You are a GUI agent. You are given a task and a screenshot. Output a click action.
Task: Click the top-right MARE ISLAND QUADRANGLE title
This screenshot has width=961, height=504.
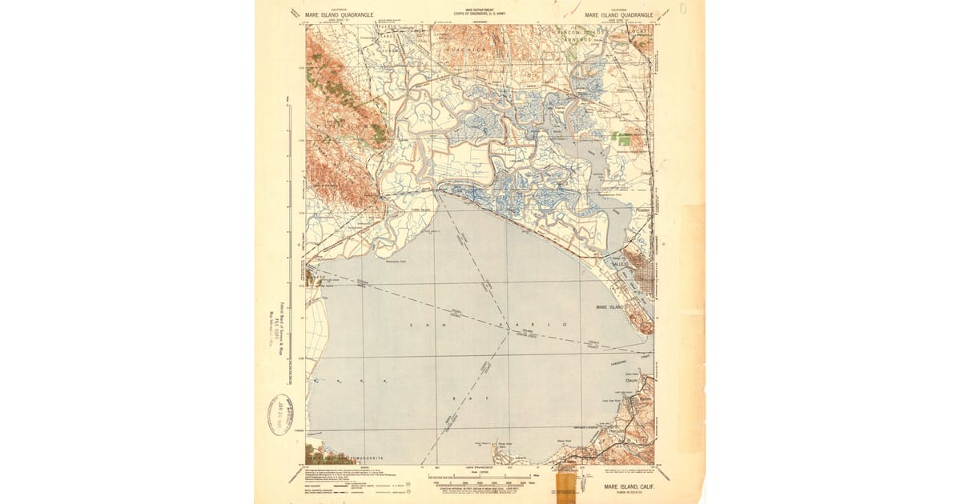[619, 14]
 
